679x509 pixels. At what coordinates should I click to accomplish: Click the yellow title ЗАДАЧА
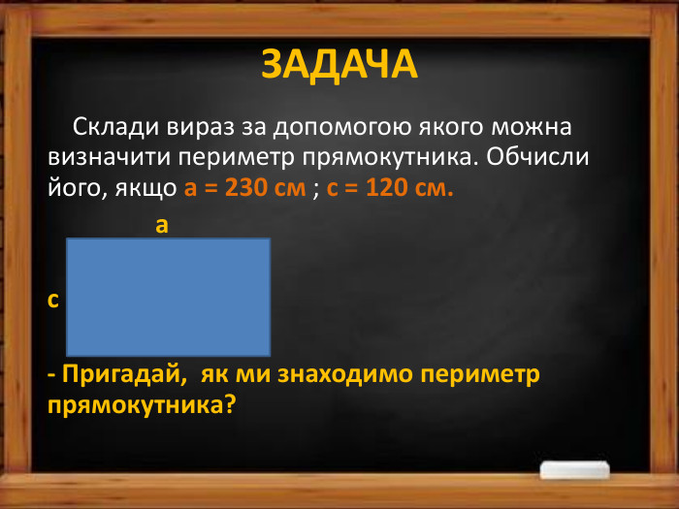(x=339, y=64)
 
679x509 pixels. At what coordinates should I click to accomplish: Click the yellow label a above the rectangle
(x=162, y=226)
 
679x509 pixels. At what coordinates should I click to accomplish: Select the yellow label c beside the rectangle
(x=52, y=300)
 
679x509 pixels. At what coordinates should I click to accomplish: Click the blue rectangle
(x=168, y=297)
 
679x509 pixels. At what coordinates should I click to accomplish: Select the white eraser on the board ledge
(x=577, y=469)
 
